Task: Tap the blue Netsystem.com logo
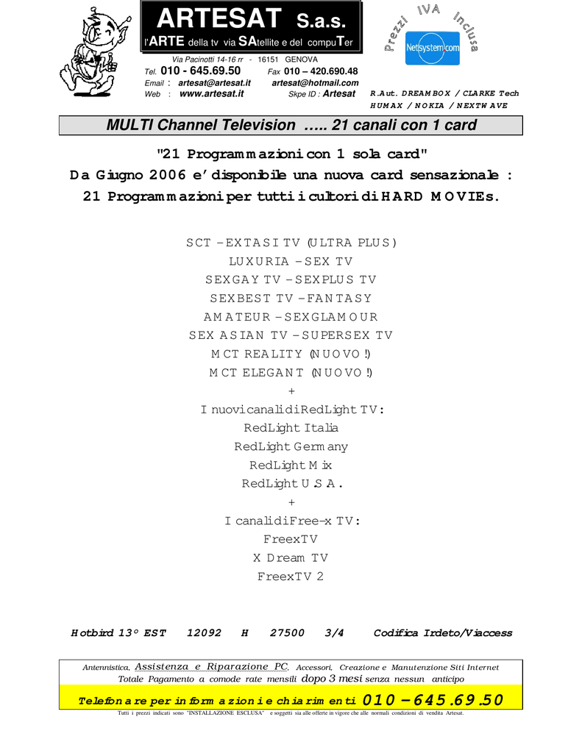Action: click(433, 48)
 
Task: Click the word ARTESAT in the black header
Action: click(219, 18)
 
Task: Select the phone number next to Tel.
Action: click(200, 71)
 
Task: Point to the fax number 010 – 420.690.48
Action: click(321, 71)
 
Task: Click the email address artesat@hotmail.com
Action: click(315, 82)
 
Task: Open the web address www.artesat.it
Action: click(211, 93)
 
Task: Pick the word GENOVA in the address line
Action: click(302, 60)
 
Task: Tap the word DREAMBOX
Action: click(426, 93)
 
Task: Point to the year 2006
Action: click(167, 175)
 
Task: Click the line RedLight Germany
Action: click(291, 446)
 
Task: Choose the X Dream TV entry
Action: click(291, 558)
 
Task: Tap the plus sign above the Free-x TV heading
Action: click(291, 502)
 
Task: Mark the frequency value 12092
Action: click(205, 633)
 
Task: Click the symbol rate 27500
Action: click(287, 633)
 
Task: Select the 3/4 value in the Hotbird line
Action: click(334, 633)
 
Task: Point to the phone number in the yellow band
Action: click(433, 700)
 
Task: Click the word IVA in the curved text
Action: click(428, 10)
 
